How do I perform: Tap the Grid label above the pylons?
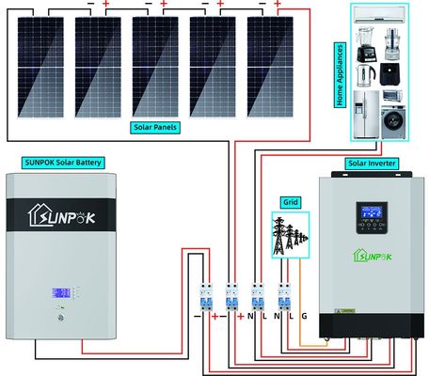(290, 202)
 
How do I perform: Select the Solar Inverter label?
(372, 164)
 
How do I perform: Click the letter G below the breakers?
(303, 317)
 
